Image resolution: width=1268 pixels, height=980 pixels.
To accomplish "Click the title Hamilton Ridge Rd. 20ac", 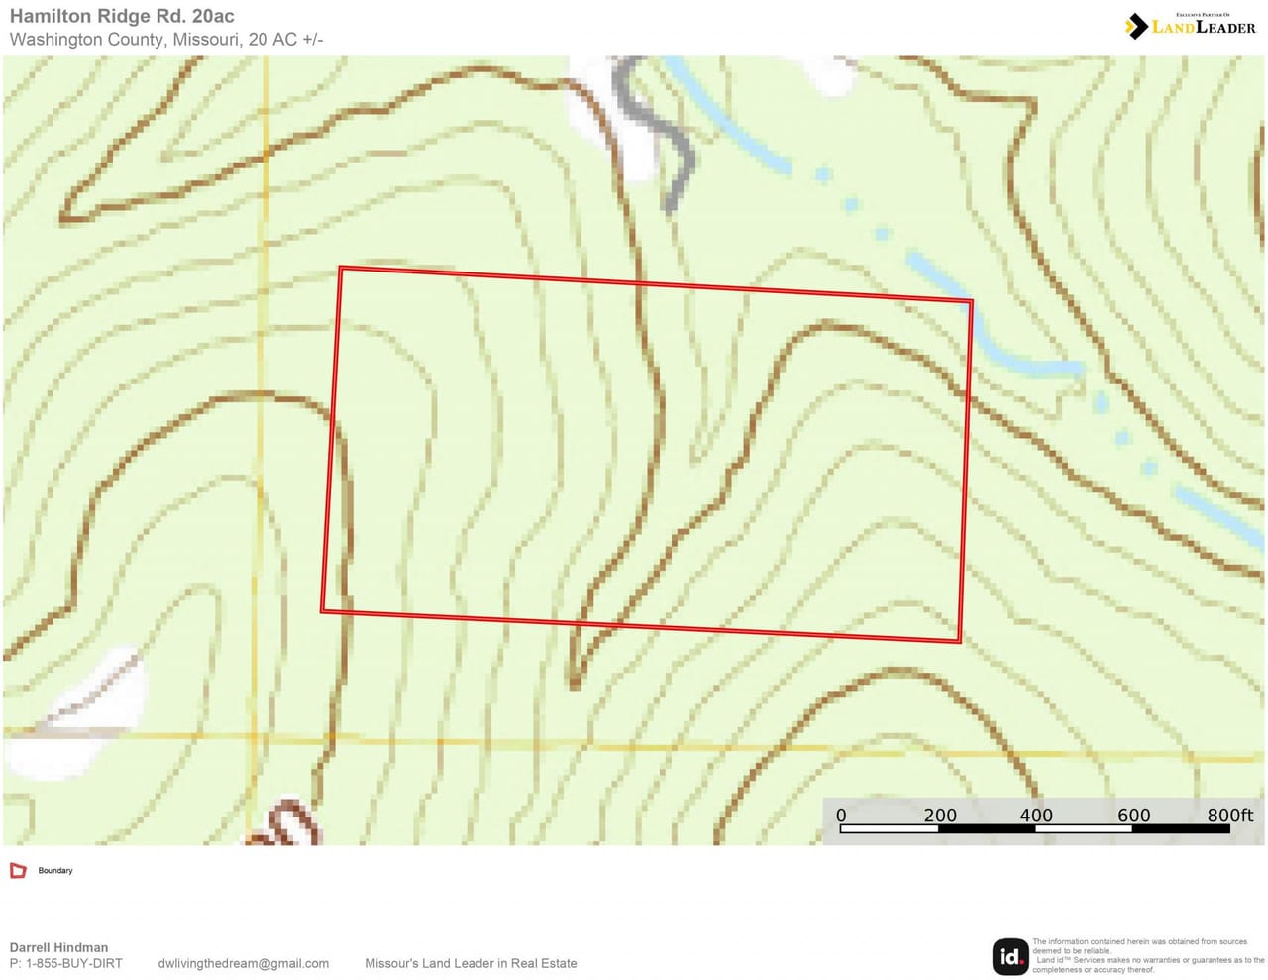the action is pyautogui.click(x=122, y=17).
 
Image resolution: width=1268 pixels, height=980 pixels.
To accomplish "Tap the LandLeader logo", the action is pyautogui.click(x=1191, y=26).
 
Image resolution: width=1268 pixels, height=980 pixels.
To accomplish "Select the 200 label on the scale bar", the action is pyautogui.click(x=940, y=816).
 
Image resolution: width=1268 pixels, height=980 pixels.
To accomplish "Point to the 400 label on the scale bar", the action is pyautogui.click(x=1036, y=816).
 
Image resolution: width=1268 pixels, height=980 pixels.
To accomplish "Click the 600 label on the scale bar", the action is pyautogui.click(x=1134, y=816).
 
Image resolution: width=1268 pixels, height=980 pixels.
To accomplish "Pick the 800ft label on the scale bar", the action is pyautogui.click(x=1229, y=816).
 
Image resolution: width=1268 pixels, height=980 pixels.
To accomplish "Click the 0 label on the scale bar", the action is pyautogui.click(x=841, y=816).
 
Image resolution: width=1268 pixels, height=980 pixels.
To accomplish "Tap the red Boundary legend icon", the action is pyautogui.click(x=18, y=871).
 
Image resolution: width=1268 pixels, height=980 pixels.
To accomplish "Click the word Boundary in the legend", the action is pyautogui.click(x=55, y=871).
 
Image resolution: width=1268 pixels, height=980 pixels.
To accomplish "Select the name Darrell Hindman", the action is pyautogui.click(x=58, y=947).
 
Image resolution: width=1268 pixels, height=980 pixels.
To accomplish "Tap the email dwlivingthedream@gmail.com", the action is pyautogui.click(x=244, y=963).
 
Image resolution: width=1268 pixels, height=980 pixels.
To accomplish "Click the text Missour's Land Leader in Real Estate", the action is pyautogui.click(x=471, y=963).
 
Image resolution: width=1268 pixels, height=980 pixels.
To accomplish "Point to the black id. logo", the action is pyautogui.click(x=1010, y=956).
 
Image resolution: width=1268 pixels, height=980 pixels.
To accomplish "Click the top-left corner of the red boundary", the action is pyautogui.click(x=340, y=268).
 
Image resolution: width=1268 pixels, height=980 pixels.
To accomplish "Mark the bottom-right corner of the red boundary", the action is pyautogui.click(x=960, y=642).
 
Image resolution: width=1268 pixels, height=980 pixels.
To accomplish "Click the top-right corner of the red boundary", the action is pyautogui.click(x=971, y=301).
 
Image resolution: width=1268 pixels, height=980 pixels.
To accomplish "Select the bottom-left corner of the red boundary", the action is pyautogui.click(x=323, y=611).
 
